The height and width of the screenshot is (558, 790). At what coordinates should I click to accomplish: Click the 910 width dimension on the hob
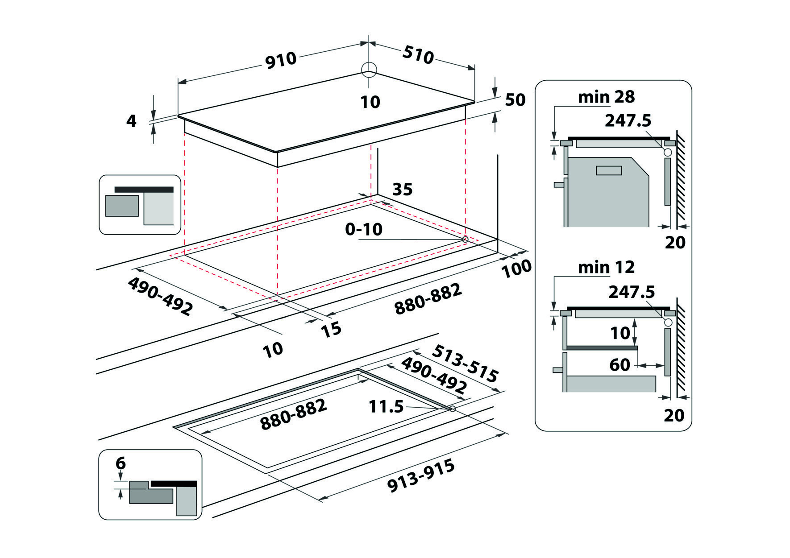281,60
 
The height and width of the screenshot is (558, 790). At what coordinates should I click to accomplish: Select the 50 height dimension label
515,100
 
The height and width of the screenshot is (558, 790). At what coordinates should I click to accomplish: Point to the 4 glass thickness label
131,121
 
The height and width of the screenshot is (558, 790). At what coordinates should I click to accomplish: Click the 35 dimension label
402,190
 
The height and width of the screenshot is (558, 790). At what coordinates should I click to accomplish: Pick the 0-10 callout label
364,229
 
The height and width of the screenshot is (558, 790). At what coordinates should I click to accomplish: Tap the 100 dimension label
516,269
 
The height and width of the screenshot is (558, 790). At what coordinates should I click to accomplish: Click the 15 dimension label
331,330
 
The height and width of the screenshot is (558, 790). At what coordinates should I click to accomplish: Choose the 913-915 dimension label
421,476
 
